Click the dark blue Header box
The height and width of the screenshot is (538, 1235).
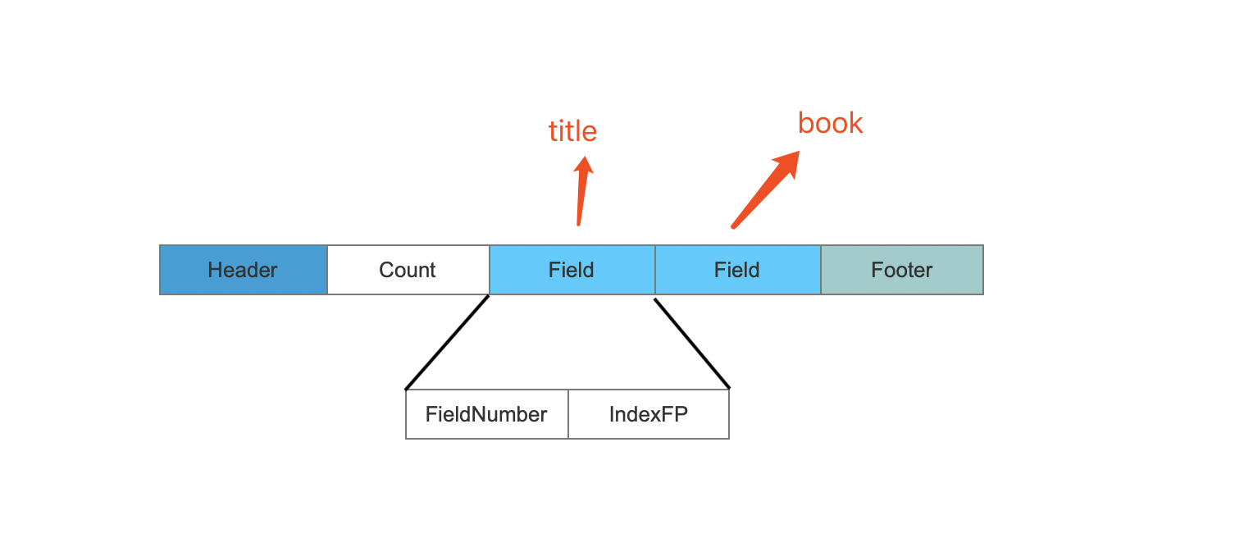point(243,270)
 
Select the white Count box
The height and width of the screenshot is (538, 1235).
point(408,270)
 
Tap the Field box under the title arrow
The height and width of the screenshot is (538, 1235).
point(572,270)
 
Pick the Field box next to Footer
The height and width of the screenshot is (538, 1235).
point(738,270)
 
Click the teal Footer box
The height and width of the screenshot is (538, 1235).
point(902,270)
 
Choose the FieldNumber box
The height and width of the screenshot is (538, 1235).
point(487,414)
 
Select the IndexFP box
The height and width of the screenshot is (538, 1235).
point(649,414)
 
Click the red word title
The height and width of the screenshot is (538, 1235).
point(573,131)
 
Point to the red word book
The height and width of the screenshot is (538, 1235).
point(831,123)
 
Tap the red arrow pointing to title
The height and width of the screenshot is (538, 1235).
point(581,191)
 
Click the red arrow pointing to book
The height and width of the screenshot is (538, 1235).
point(765,189)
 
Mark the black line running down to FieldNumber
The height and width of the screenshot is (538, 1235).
point(447,342)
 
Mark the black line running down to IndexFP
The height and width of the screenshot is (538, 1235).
point(692,344)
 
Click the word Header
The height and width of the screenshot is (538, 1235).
point(243,270)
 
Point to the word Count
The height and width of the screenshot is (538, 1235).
point(408,270)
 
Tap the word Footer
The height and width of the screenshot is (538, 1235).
point(902,270)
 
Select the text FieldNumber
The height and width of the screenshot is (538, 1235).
point(486,414)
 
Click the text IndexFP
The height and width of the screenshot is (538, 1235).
point(649,414)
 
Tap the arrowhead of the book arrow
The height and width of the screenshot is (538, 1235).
point(788,162)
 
